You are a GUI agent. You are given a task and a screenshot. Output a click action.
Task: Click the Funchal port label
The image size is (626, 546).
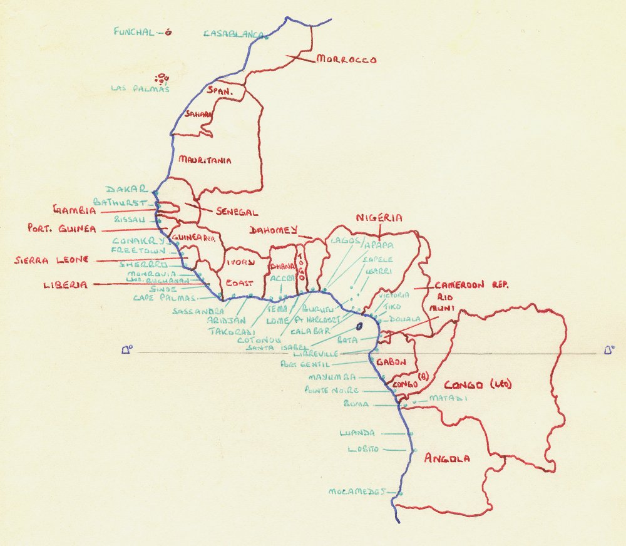133,32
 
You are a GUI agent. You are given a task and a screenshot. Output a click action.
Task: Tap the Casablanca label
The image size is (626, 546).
232,34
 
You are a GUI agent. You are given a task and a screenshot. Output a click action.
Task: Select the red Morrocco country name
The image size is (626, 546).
346,60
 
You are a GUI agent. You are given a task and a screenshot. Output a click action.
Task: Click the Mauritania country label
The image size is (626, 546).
205,160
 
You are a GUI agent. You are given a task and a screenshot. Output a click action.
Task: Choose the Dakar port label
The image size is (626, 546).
126,189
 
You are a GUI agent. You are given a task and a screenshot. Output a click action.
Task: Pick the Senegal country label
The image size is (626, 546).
237,212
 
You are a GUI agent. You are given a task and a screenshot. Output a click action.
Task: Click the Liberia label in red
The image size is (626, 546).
64,285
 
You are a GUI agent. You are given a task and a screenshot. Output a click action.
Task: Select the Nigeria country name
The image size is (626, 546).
378,218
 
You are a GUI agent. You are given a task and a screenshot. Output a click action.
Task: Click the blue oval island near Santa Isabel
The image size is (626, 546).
360,327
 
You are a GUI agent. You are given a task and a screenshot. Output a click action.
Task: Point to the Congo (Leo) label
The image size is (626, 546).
477,384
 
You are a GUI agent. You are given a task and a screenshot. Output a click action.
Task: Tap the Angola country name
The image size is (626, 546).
446,459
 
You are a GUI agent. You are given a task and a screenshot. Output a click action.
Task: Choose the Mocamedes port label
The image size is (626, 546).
355,492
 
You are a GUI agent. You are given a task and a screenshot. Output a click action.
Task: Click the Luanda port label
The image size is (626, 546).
357,433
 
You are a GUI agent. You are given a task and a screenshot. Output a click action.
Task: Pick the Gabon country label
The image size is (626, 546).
393,362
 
